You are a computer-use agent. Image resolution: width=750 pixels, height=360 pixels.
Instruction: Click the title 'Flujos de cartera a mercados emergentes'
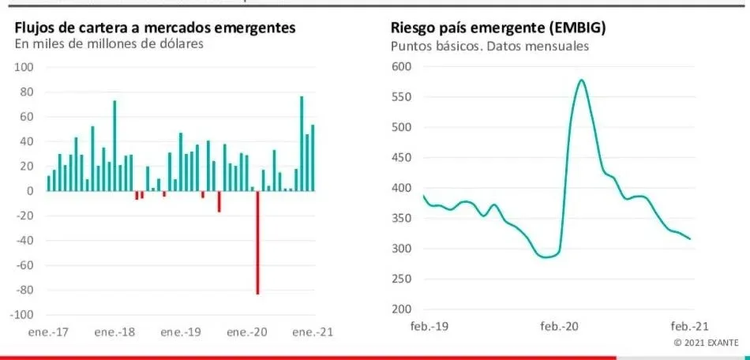156,28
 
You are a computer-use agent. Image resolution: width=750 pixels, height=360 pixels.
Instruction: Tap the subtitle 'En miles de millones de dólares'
109,44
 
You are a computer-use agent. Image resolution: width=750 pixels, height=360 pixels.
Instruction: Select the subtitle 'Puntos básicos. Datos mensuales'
489,46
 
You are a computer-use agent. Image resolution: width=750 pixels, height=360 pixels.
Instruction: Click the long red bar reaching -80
257,241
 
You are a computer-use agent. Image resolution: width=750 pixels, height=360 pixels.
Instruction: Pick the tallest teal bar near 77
302,142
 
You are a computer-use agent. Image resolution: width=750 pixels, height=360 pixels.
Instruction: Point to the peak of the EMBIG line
581,80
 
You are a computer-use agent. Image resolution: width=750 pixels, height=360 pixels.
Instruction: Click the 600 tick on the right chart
402,67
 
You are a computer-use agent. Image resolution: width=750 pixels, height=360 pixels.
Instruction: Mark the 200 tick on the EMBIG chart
402,309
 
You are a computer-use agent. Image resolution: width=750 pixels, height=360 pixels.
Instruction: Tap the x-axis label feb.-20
560,326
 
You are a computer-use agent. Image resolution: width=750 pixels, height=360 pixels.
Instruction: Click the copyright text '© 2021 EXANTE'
706,343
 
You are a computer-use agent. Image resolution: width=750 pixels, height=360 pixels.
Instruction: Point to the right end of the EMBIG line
690,239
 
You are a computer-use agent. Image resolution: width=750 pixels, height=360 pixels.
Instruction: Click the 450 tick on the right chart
402,158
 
